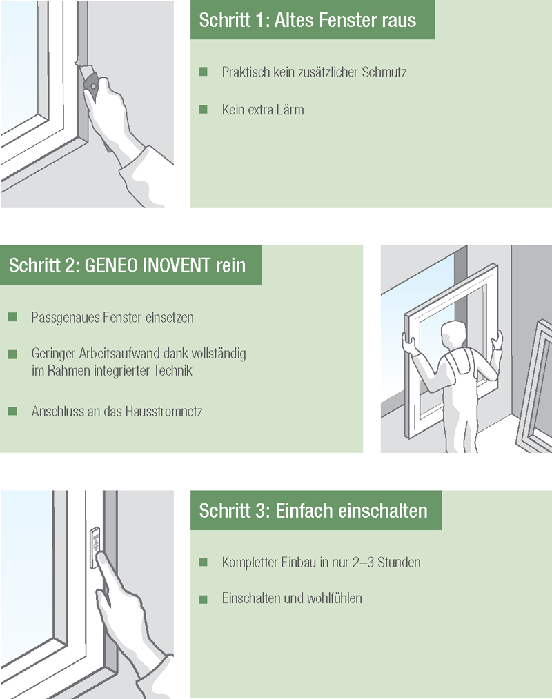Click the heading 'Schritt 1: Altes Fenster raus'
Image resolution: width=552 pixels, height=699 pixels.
(307, 20)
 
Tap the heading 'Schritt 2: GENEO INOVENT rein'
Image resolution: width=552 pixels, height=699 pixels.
(127, 266)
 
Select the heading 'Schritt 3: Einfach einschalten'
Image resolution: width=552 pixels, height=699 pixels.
(313, 511)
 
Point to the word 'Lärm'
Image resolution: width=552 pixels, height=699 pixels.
(290, 110)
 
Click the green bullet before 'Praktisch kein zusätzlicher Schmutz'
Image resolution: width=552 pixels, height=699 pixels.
(203, 72)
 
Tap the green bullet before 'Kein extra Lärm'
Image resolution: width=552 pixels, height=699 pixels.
(203, 109)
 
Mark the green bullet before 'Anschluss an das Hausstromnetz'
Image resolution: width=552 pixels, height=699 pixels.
(12, 411)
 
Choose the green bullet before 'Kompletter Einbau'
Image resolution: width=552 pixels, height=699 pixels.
(203, 562)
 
